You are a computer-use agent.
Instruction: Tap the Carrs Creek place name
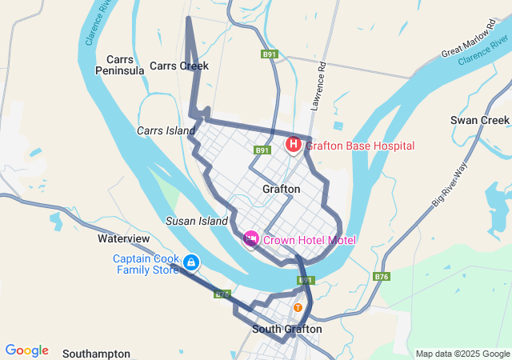coord(179,66)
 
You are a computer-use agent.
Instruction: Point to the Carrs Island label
coord(166,130)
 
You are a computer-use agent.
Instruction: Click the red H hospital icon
coord(294,145)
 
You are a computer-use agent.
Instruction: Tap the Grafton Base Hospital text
coord(360,146)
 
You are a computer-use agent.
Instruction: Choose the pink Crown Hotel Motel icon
coord(251,239)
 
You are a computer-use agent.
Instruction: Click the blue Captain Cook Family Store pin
coord(191,262)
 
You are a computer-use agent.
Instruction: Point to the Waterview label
coord(124,238)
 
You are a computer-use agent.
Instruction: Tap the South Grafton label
coord(287,329)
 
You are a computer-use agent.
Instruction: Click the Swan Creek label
coord(479,121)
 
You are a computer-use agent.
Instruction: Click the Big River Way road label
coord(450,184)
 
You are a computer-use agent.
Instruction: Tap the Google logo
coord(26,350)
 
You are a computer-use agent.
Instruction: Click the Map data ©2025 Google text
coord(462,354)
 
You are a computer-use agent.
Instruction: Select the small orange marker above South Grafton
coord(298,307)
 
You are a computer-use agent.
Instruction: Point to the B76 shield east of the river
coord(382,277)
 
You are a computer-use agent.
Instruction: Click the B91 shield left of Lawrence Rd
coord(270,54)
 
